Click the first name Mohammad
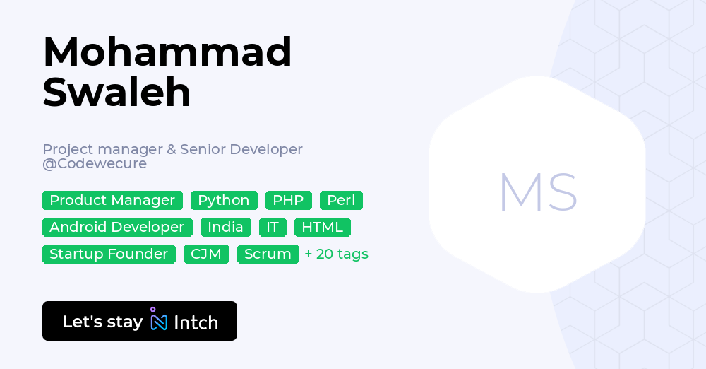(x=167, y=52)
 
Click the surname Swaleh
(x=116, y=92)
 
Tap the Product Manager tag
(x=112, y=200)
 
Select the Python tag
(x=224, y=200)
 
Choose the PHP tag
(x=288, y=200)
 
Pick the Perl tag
(x=341, y=200)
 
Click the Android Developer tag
(x=117, y=227)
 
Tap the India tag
(x=225, y=227)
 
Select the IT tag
(x=273, y=227)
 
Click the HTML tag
(x=322, y=227)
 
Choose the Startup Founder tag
(x=109, y=254)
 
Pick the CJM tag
(x=206, y=254)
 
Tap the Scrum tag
(x=268, y=254)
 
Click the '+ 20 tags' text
(x=336, y=254)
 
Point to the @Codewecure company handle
(x=95, y=163)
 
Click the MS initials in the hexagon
(x=537, y=192)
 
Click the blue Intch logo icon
(x=159, y=320)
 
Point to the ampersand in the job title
(x=170, y=149)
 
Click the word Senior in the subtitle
(x=201, y=149)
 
